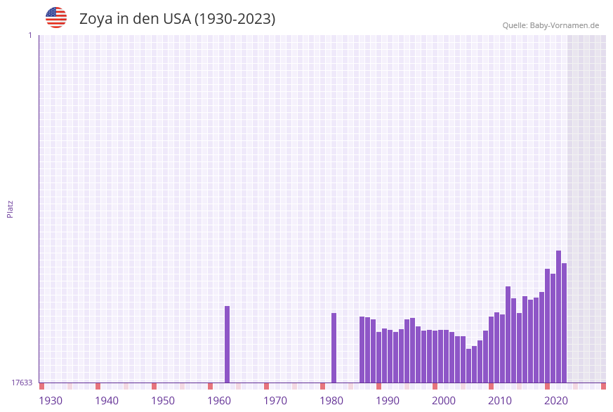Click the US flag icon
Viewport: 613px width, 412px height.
[56, 18]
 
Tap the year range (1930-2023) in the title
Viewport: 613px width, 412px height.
[235, 19]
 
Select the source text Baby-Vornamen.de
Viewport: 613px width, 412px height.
[564, 25]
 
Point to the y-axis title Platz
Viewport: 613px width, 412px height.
[11, 208]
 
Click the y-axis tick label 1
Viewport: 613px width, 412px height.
[29, 35]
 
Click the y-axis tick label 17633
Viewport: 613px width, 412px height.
[22, 383]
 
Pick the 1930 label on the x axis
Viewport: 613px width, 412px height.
[51, 401]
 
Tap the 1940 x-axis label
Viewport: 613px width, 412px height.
[107, 401]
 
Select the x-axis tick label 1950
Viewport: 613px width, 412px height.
[163, 401]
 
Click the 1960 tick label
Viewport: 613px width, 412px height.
[219, 401]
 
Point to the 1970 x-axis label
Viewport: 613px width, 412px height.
[275, 401]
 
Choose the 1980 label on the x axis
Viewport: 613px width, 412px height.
[331, 401]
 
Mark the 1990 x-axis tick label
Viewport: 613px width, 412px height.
[388, 401]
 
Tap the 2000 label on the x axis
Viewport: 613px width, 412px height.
[444, 401]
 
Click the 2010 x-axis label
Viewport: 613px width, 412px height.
[500, 401]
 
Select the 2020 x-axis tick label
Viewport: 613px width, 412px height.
[556, 401]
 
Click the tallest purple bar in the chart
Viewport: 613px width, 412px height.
[558, 316]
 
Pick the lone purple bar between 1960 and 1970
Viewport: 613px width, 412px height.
[227, 344]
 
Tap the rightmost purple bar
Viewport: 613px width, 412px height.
[564, 323]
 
